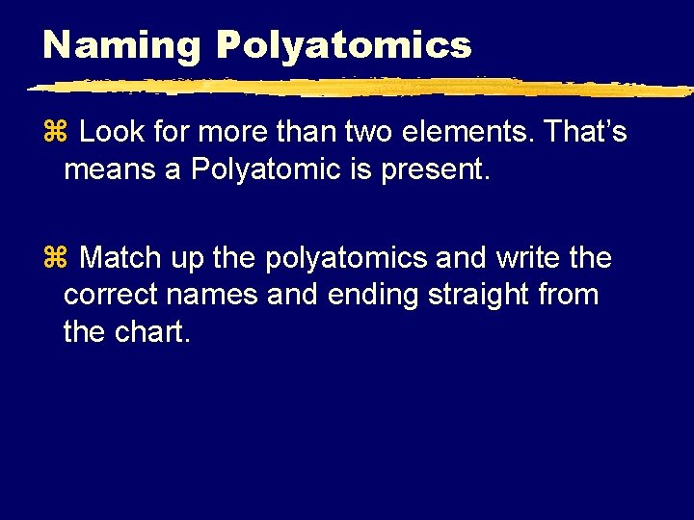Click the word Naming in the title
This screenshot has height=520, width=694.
(x=121, y=45)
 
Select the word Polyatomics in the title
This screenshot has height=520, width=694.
(x=344, y=45)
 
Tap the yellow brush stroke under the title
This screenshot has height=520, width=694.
(x=357, y=88)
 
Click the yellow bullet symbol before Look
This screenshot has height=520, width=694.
(x=54, y=132)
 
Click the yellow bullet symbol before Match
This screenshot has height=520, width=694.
(x=54, y=258)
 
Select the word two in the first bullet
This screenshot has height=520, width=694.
(x=374, y=132)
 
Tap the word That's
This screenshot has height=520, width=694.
(x=586, y=132)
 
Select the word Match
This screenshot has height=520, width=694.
(x=121, y=258)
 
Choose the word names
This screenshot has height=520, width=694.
(x=216, y=295)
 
